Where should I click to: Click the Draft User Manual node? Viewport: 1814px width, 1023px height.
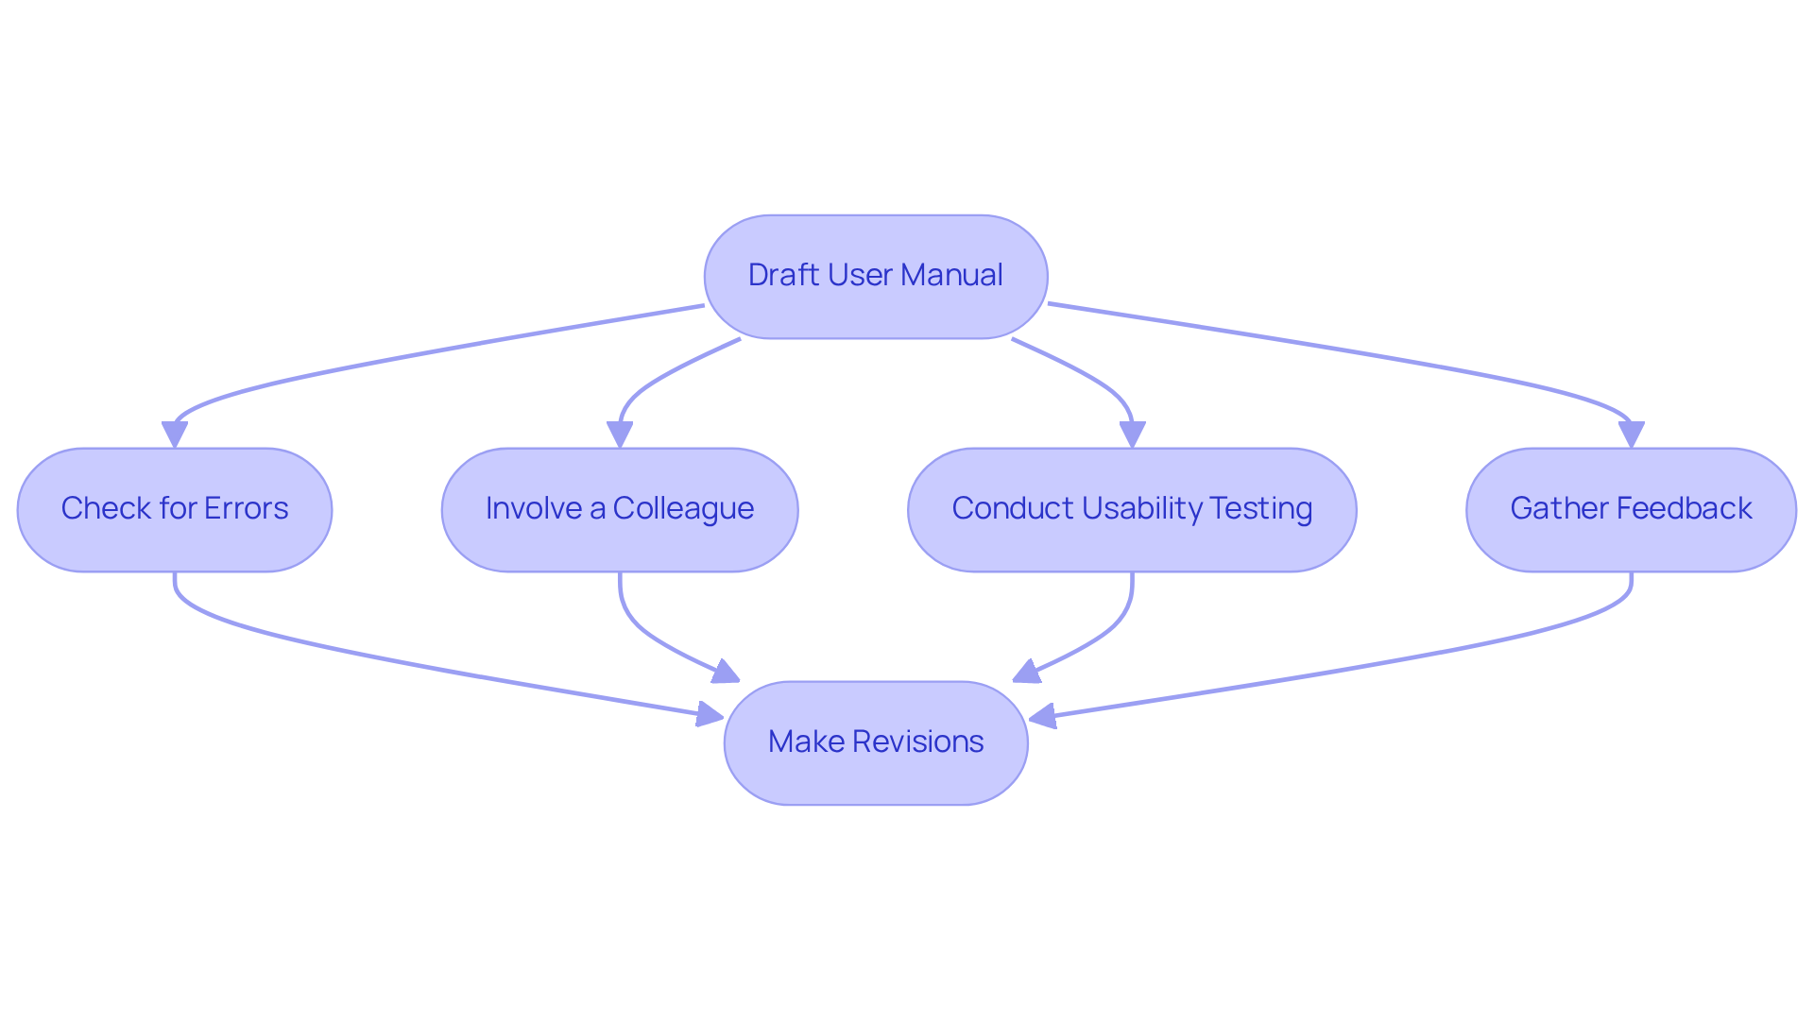(876, 276)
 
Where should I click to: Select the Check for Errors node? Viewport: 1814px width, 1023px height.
(175, 509)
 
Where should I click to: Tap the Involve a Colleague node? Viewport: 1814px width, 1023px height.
(620, 509)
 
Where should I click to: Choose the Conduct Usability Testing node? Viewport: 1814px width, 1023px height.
(1132, 509)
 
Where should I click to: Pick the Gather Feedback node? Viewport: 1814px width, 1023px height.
(1631, 509)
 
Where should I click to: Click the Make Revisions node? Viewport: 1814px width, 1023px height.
(876, 742)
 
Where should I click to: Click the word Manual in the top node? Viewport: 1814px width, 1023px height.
(951, 275)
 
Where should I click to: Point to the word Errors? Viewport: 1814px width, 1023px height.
(246, 508)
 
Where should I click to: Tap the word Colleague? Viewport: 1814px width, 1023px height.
(683, 509)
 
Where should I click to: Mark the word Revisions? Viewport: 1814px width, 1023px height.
(917, 742)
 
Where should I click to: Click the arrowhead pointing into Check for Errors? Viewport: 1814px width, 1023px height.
(175, 435)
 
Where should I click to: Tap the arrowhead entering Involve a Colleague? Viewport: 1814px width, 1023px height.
(620, 435)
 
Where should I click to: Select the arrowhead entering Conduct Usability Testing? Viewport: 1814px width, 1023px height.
(1132, 435)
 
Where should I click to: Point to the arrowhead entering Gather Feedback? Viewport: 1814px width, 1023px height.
(1631, 435)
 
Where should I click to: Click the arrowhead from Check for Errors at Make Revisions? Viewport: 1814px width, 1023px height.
(710, 714)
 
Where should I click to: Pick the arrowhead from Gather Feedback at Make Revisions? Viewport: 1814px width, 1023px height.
(1042, 717)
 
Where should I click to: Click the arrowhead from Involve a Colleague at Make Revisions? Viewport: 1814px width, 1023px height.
(726, 673)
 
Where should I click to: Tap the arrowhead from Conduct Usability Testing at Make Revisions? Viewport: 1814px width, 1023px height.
(1026, 673)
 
